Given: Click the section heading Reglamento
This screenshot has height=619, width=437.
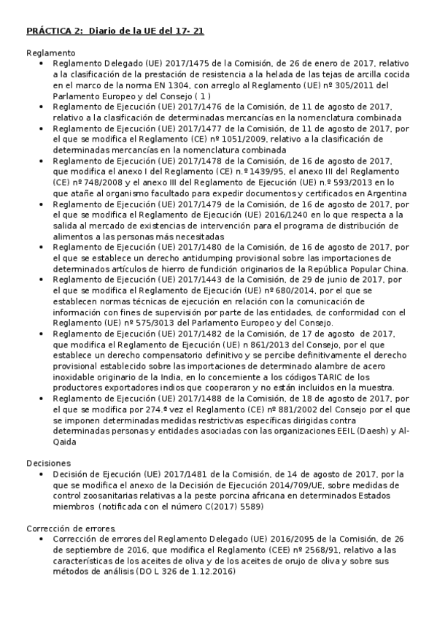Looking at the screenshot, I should click(51, 53).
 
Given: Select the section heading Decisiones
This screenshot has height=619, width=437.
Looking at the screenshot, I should click(49, 463).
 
